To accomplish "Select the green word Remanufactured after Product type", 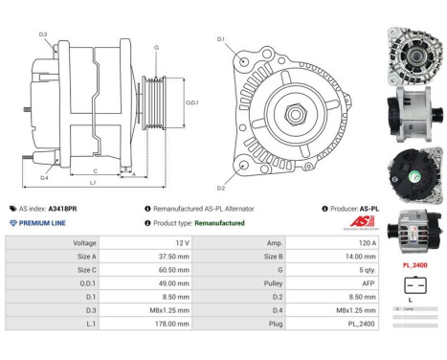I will tap(220, 222).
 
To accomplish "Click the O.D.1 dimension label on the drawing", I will tap(191, 102).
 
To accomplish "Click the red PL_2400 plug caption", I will tap(413, 264).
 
